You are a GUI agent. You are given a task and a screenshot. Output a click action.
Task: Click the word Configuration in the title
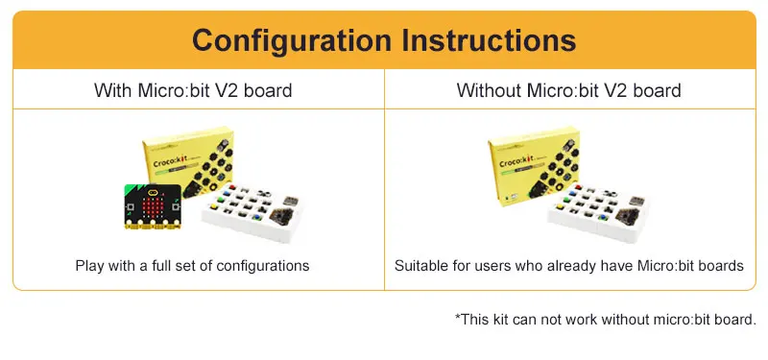click(x=292, y=40)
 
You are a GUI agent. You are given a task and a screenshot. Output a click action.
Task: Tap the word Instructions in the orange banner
click(x=489, y=40)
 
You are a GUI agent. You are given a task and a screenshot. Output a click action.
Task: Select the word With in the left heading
click(x=113, y=90)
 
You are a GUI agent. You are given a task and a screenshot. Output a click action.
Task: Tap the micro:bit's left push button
click(x=131, y=206)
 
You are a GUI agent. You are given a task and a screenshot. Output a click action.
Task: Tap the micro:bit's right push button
click(x=175, y=207)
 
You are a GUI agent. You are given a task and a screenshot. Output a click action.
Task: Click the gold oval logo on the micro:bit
click(x=153, y=189)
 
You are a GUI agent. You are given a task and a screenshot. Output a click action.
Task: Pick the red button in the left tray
click(x=231, y=187)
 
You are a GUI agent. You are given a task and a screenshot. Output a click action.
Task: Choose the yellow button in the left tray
click(x=214, y=206)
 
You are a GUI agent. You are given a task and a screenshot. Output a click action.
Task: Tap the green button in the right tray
click(x=568, y=200)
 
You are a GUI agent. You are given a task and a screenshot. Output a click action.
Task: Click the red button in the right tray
click(x=579, y=187)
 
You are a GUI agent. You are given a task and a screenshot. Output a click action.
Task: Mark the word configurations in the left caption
click(x=262, y=266)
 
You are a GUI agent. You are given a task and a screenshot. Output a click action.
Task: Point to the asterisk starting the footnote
click(x=458, y=318)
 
